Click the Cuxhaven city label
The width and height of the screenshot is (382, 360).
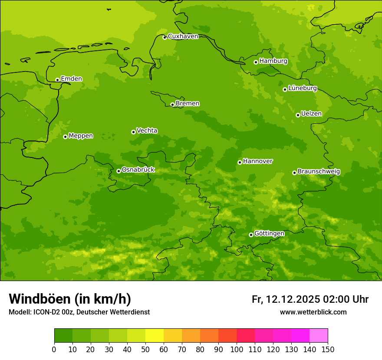coord(183,36)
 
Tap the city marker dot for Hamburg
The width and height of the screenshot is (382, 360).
coord(256,62)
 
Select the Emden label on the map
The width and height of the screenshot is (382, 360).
coord(71,79)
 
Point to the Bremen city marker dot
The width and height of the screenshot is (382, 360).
coord(172,105)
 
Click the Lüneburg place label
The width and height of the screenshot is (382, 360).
coord(303,88)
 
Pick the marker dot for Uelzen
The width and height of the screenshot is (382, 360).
coord(298,115)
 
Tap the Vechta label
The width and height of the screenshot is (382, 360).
coord(147,131)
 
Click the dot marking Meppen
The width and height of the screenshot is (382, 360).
coord(65,137)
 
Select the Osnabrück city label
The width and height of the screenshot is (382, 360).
coord(138,170)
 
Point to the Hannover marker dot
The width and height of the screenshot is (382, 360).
coord(240,162)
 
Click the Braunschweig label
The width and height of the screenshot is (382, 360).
coord(319,172)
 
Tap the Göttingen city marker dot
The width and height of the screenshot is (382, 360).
coord(251,235)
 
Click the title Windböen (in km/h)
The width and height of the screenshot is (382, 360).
coord(70,299)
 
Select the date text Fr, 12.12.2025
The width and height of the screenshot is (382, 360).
coord(286,299)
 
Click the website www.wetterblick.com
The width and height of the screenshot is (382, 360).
coord(313,312)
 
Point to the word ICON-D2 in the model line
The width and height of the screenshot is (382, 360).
coord(46,312)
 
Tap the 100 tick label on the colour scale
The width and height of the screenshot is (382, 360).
coord(237,349)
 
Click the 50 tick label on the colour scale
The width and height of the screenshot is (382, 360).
coord(145,349)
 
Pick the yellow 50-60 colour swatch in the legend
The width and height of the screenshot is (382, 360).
coord(155,336)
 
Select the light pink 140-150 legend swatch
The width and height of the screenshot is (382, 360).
coord(319,336)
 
